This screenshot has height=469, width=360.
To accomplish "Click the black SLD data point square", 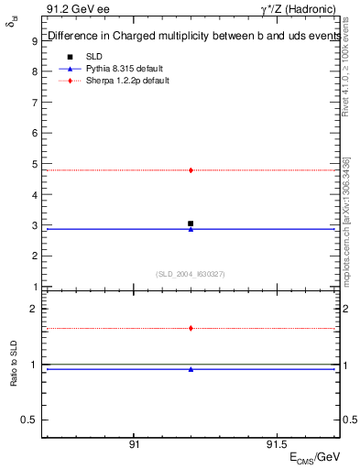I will point(191,224).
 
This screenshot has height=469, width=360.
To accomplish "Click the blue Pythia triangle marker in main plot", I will point(191,229).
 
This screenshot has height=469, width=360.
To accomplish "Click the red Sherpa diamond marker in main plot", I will point(191,170).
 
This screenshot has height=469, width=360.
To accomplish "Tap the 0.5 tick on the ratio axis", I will point(29,420).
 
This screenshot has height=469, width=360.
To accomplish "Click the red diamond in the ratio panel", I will point(191,328).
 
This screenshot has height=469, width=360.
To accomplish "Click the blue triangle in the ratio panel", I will point(191,369).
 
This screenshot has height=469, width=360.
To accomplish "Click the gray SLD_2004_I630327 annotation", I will point(191,274).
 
